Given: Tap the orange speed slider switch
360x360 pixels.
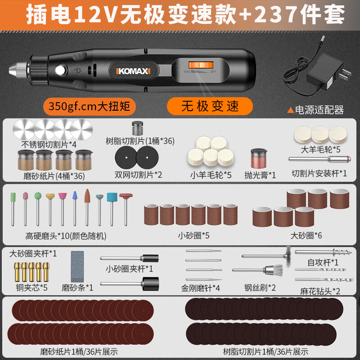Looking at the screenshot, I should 195,66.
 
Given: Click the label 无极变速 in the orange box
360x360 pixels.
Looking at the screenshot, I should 210,106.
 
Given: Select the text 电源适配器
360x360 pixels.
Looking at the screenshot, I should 318,109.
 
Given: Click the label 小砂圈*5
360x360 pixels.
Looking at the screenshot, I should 193,235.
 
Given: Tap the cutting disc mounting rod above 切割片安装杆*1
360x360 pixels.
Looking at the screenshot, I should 318,160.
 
